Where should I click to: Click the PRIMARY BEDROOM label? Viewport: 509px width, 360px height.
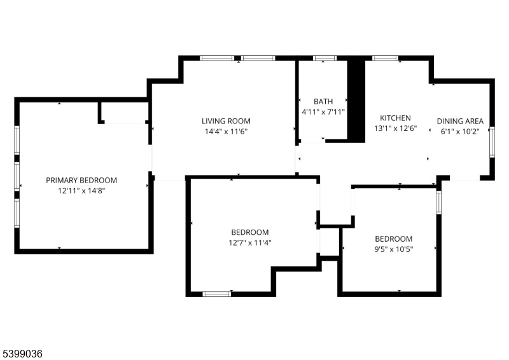pos(81,180)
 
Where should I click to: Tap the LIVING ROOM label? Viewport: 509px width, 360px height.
pos(226,121)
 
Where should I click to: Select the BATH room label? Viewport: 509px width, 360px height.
pos(323,101)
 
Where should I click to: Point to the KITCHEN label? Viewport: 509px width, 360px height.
pos(395,118)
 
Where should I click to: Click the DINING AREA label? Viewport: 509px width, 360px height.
pos(460,121)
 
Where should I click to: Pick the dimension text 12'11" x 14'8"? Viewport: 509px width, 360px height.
pos(81,191)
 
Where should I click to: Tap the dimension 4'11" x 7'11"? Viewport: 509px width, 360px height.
pos(323,112)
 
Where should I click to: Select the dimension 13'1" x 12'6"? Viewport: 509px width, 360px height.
pos(395,128)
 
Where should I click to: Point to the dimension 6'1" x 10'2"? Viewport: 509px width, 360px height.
pos(460,132)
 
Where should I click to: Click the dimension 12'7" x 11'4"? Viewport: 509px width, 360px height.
pos(250,242)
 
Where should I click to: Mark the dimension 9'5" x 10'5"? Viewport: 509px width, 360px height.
pos(393,249)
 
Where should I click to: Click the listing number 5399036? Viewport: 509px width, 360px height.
pos(22,354)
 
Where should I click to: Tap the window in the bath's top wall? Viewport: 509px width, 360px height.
pos(325,59)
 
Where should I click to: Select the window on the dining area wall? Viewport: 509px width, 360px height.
pos(492,142)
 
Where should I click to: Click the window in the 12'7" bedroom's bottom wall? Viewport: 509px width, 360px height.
pos(217,294)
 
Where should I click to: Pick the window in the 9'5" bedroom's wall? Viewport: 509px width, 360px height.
pos(438,202)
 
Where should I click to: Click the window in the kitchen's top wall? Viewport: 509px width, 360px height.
pos(386,59)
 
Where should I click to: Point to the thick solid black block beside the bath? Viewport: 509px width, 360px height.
pos(356,101)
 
